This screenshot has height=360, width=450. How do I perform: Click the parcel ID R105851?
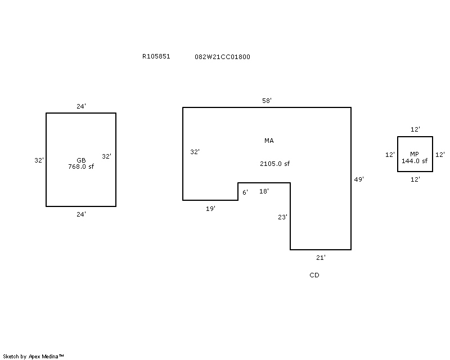[x=156, y=56]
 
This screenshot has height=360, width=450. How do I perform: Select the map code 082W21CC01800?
[x=222, y=57]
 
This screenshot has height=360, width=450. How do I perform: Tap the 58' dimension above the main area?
[x=267, y=101]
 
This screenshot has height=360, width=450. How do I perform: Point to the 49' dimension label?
[x=359, y=179]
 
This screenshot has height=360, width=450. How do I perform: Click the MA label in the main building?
[x=269, y=141]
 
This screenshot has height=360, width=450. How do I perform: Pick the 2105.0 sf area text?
[x=274, y=164]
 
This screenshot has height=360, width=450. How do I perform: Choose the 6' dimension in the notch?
[x=245, y=192]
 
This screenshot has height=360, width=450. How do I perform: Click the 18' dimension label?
[x=264, y=191]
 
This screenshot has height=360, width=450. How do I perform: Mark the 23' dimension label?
[x=282, y=217]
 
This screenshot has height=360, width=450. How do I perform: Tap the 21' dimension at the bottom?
[x=321, y=258]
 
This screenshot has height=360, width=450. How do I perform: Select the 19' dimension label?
[x=210, y=209]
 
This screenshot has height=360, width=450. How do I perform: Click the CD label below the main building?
[x=314, y=275]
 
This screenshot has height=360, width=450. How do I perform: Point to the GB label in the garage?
[x=81, y=160]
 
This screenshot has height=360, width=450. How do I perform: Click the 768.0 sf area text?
[x=81, y=166]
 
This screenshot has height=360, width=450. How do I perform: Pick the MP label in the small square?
[x=415, y=154]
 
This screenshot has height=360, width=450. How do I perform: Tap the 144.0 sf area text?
[x=415, y=161]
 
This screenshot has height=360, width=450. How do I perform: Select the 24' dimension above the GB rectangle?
[x=81, y=106]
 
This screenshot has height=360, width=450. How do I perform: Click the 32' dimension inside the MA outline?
[x=195, y=152]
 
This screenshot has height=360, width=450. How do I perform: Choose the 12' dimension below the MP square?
[x=415, y=179]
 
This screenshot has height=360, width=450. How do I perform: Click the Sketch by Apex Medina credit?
[x=33, y=357]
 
